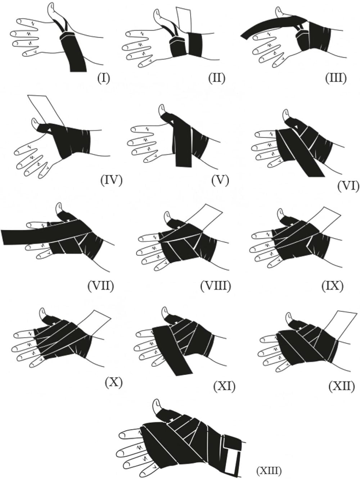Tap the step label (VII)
pos(100,286)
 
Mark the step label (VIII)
pos(216,286)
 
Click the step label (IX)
pos(332,286)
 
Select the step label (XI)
pos(224,386)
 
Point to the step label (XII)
pos(342,386)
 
